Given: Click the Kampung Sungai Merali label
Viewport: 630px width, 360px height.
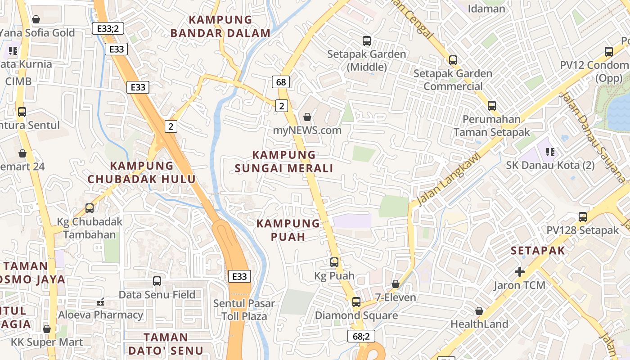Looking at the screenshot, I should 284,162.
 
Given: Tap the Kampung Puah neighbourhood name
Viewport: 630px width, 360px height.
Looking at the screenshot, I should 288,230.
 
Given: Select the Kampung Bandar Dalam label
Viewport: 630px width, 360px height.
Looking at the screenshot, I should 220,27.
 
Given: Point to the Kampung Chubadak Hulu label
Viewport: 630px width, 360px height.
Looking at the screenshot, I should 142,172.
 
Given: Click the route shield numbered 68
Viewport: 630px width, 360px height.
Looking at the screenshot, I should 281,82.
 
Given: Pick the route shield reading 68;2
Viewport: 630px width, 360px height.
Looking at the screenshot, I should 361,336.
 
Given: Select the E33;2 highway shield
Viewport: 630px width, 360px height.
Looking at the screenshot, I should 108,28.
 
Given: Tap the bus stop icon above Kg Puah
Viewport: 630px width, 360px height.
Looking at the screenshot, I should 334,262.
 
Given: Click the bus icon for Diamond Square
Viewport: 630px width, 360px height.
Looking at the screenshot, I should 356,301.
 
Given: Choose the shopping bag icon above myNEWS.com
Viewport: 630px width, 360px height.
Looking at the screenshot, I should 307,117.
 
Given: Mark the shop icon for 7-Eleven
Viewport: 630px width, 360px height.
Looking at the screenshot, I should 395,284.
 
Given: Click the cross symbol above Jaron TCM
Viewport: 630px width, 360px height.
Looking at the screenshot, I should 520,271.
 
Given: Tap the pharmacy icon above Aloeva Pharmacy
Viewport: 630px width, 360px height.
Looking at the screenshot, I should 100,301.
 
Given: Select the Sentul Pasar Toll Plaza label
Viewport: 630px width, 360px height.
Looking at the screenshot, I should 244,310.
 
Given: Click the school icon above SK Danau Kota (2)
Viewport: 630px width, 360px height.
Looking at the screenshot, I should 549,152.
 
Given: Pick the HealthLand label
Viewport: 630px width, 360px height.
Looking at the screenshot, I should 479,324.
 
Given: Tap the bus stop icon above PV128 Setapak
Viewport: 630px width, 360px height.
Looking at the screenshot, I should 583,216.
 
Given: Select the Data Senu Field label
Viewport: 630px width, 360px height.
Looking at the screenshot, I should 157,295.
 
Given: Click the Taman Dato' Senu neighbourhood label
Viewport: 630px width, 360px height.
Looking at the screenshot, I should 166,343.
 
